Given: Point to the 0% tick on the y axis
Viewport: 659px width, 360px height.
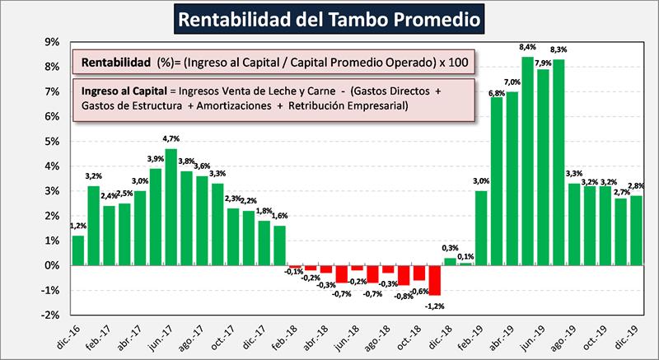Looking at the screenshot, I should point(49,265).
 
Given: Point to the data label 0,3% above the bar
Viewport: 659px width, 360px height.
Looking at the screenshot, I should point(450,248).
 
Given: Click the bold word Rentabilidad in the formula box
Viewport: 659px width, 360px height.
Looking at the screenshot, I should point(113,62).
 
